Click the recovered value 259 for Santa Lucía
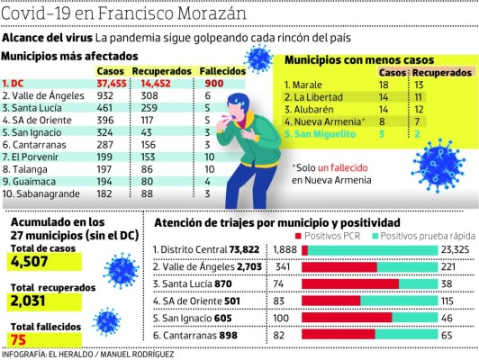(x=175, y=107)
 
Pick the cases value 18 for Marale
(x=389, y=83)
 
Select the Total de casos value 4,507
(x=34, y=261)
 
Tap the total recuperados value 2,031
(x=34, y=301)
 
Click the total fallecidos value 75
(x=20, y=339)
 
